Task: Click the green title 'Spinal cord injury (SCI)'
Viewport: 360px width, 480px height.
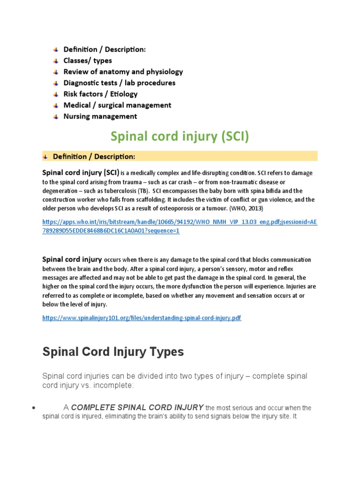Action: pos(180,136)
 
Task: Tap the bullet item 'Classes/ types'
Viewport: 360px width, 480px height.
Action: pos(88,60)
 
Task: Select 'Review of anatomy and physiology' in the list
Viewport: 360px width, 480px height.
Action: pos(123,72)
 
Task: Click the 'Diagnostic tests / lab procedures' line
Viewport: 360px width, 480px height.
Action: pos(120,83)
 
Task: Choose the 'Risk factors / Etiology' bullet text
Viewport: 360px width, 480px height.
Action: pos(101,94)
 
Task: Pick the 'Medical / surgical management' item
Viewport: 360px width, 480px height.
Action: pos(118,105)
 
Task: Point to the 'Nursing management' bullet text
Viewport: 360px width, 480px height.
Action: pos(100,116)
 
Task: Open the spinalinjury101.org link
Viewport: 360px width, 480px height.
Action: pos(142,318)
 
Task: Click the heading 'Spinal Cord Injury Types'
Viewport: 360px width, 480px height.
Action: pos(113,352)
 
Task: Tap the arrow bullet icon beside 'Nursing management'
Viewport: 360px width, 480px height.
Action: pos(56,117)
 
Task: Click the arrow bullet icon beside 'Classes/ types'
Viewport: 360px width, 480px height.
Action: pos(56,61)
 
